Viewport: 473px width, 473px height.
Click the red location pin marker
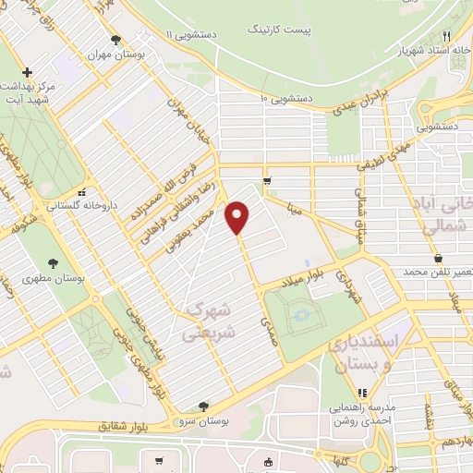pos(238,216)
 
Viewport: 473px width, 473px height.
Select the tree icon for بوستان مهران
pos(115,40)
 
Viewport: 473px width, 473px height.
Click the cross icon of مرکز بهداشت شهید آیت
pos(27,72)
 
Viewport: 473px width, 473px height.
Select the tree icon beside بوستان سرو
pos(202,406)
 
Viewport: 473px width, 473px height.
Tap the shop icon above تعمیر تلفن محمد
pos(437,259)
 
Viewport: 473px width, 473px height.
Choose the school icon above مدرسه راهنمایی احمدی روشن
pos(349,393)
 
